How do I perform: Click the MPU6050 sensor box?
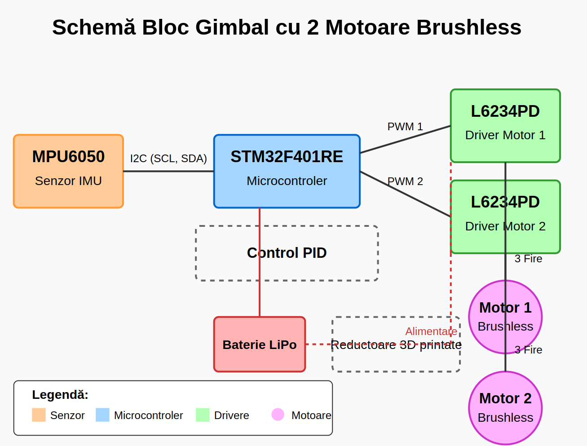pyautogui.click(x=68, y=171)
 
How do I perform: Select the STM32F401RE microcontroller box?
pyautogui.click(x=287, y=171)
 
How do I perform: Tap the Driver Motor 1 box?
pyautogui.click(x=505, y=126)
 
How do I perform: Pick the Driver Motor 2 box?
pyautogui.click(x=505, y=217)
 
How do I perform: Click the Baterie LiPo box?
pyautogui.click(x=260, y=344)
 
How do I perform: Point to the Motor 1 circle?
pyautogui.click(x=505, y=317)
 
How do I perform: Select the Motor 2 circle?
pyautogui.click(x=505, y=408)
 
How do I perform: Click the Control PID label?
pyautogui.click(x=287, y=253)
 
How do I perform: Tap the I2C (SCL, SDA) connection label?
pyautogui.click(x=168, y=159)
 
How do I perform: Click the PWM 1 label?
pyautogui.click(x=405, y=127)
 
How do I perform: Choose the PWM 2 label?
pyautogui.click(x=405, y=181)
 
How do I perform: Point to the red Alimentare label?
pyautogui.click(x=431, y=331)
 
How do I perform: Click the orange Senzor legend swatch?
pyautogui.click(x=39, y=415)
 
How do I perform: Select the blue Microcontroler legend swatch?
pyautogui.click(x=102, y=415)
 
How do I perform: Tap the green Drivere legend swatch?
pyautogui.click(x=203, y=415)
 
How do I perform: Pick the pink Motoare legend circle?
pyautogui.click(x=278, y=415)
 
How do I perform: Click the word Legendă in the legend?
pyautogui.click(x=60, y=395)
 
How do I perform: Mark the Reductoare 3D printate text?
pyautogui.click(x=396, y=345)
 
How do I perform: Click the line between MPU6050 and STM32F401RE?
pyautogui.click(x=168, y=171)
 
